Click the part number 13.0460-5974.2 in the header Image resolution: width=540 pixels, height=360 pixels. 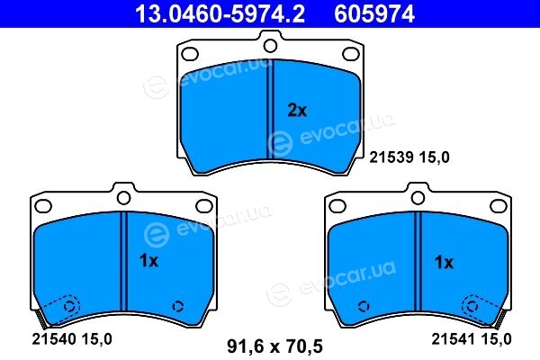(x=220, y=13)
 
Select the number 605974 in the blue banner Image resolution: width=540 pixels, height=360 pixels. (x=374, y=13)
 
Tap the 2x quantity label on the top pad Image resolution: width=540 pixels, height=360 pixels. (x=297, y=111)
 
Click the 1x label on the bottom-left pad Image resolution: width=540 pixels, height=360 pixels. (x=148, y=261)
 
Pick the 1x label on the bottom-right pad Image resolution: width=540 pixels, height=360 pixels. (x=445, y=263)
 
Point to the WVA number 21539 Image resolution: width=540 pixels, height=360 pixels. (x=391, y=157)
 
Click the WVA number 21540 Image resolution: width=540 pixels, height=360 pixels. (x=54, y=339)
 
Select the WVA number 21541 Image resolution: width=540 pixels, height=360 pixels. (x=454, y=339)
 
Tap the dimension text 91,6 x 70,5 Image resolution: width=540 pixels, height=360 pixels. (x=274, y=346)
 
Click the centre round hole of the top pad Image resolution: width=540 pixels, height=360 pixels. (x=270, y=46)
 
